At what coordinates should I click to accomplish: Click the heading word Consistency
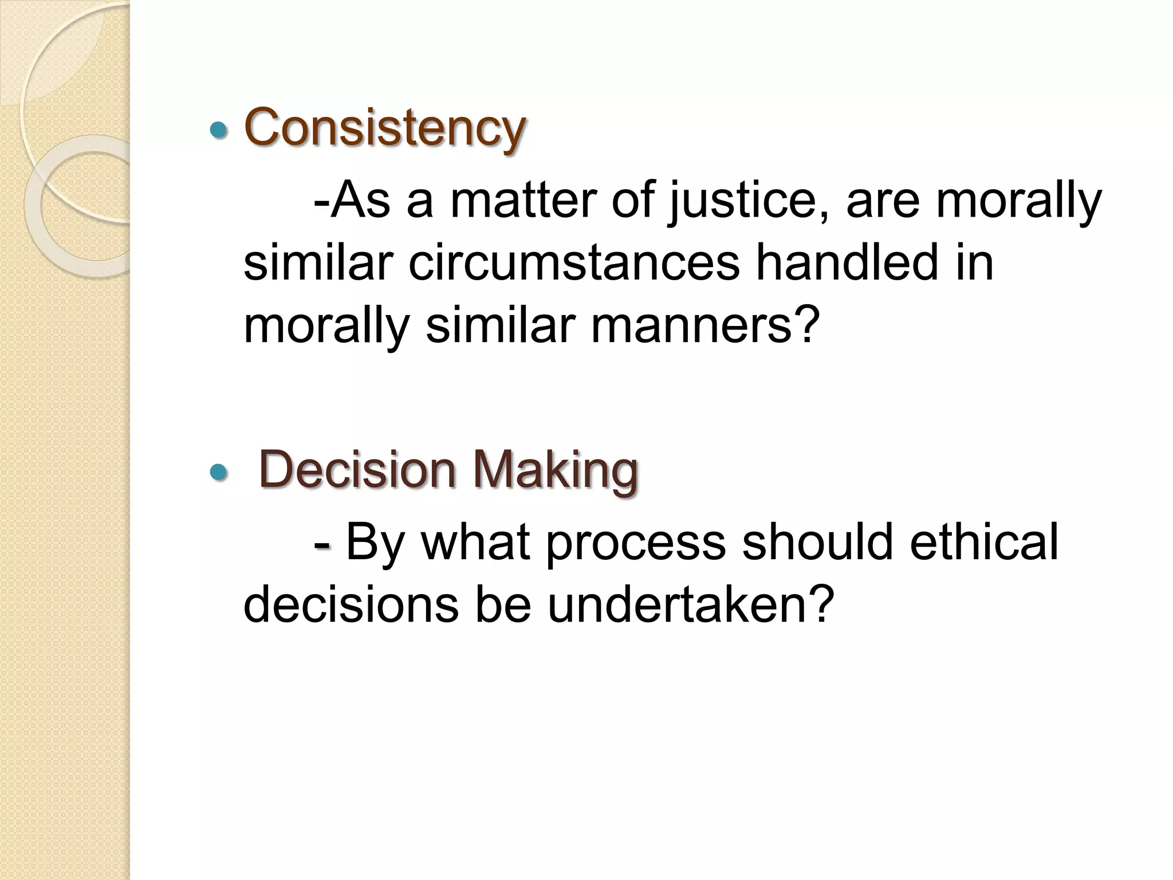(x=384, y=127)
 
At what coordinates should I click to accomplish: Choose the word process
(x=635, y=542)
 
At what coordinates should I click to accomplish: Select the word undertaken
(x=690, y=604)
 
